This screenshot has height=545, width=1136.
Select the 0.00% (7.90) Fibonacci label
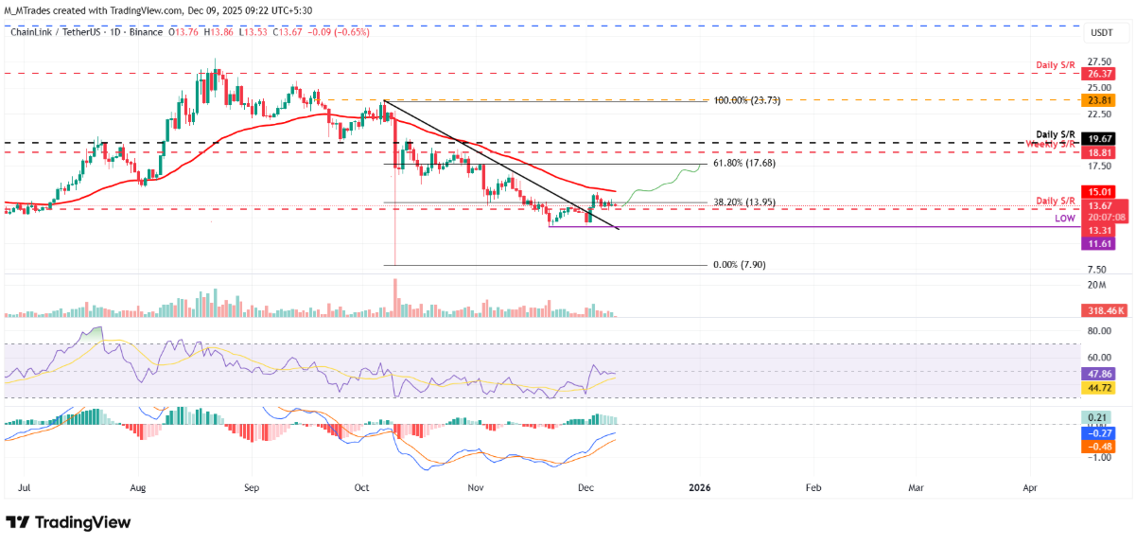[x=740, y=266]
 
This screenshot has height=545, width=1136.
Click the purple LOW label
[x=1066, y=218]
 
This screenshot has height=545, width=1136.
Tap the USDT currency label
[x=1102, y=32]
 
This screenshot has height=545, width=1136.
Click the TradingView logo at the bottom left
[x=68, y=522]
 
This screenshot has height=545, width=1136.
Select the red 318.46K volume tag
[x=1103, y=309]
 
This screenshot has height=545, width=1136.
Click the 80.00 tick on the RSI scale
[x=1098, y=331]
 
